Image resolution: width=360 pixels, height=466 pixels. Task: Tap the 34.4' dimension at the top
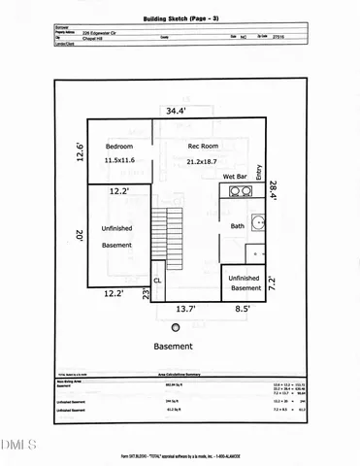point(176,110)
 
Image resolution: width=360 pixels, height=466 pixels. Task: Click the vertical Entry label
point(259,172)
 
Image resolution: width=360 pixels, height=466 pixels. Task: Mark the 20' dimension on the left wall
point(80,235)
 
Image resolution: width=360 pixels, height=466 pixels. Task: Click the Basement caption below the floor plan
point(173,345)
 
